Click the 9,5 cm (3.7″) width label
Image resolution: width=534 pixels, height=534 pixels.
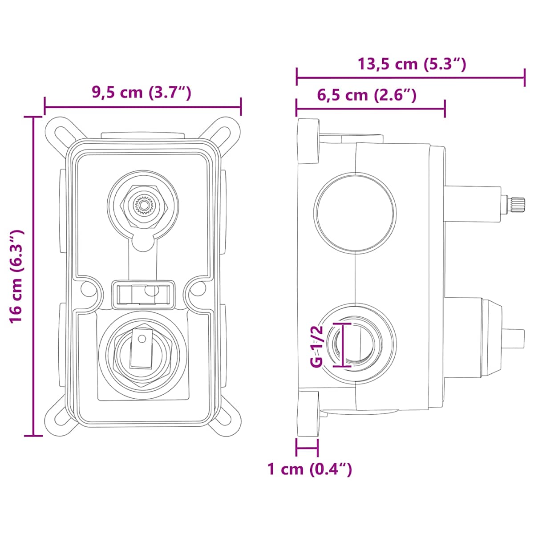[142, 93]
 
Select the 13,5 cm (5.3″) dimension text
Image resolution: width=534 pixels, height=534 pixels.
[412, 64]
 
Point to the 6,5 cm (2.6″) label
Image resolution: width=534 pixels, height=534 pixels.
[367, 95]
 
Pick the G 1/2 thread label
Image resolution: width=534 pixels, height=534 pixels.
[317, 346]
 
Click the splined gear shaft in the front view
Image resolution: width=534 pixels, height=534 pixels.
[143, 205]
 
